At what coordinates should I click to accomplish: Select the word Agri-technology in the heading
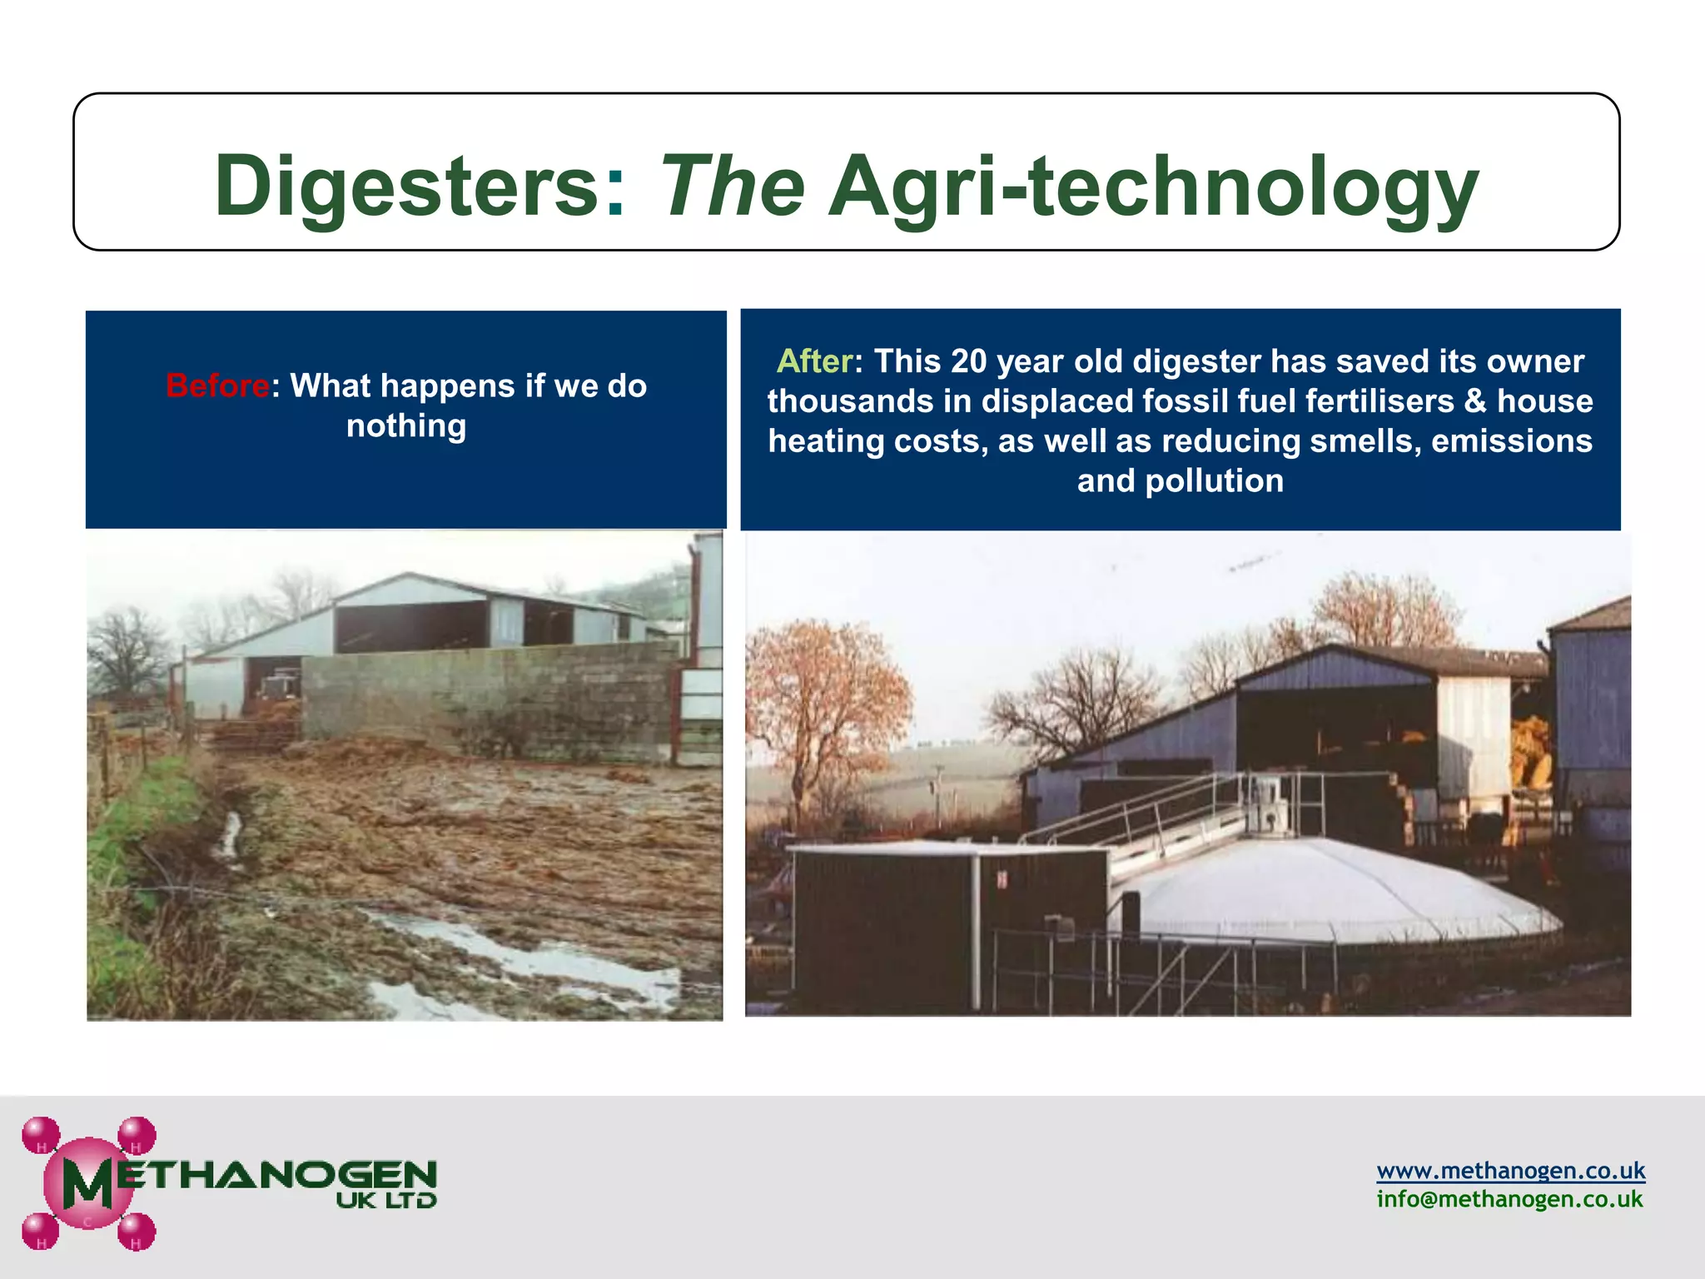click(x=1153, y=187)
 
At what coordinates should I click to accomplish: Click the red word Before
click(x=217, y=386)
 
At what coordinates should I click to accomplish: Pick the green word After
click(x=814, y=361)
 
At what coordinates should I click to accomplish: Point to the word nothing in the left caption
click(x=406, y=426)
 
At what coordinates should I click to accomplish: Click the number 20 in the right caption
click(x=968, y=361)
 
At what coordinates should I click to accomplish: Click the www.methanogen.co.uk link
click(x=1510, y=1170)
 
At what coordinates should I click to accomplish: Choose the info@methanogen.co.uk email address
click(x=1509, y=1199)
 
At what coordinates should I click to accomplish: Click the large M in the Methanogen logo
click(x=87, y=1182)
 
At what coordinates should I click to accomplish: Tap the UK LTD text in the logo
click(x=386, y=1201)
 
